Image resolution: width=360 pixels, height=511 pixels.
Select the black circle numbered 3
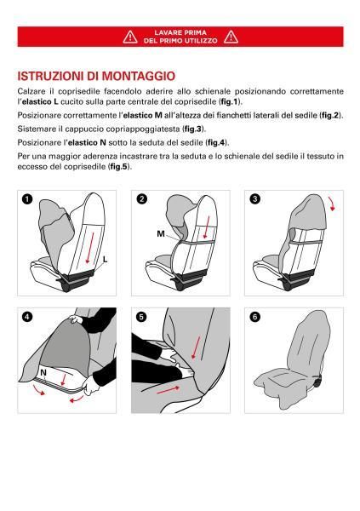[254, 199]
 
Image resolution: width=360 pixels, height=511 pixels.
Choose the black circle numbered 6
[254, 317]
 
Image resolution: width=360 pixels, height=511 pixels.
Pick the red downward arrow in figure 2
[205, 228]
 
